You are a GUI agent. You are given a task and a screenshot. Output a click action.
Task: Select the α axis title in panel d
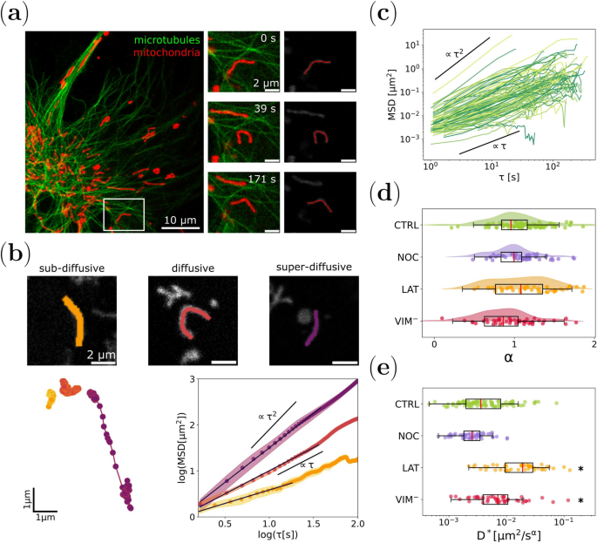(513, 357)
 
